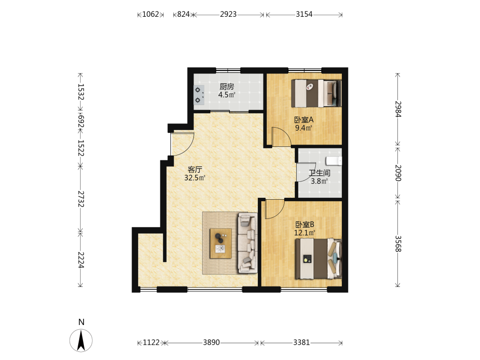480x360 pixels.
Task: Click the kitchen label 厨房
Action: pyautogui.click(x=227, y=86)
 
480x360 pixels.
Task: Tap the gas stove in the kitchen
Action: pyautogui.click(x=199, y=95)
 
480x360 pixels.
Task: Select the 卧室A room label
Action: pyautogui.click(x=304, y=120)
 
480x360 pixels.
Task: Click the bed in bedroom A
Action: pyautogui.click(x=316, y=94)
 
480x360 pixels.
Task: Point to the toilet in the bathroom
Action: pyautogui.click(x=334, y=161)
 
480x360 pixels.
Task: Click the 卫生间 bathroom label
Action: pyautogui.click(x=319, y=173)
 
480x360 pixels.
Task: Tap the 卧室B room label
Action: pyautogui.click(x=305, y=225)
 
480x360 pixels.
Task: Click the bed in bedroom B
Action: pyautogui.click(x=318, y=259)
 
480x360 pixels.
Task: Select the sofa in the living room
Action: pyautogui.click(x=248, y=243)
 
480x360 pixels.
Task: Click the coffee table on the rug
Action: pyautogui.click(x=220, y=243)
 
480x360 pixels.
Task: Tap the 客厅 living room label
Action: pyautogui.click(x=195, y=169)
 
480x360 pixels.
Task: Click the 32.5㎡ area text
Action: pyautogui.click(x=195, y=178)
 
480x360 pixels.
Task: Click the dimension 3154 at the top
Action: pyautogui.click(x=304, y=14)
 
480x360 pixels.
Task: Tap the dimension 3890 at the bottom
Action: pyautogui.click(x=211, y=342)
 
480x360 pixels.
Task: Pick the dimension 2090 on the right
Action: pyautogui.click(x=397, y=173)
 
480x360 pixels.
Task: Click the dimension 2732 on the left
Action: pyautogui.click(x=81, y=199)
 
